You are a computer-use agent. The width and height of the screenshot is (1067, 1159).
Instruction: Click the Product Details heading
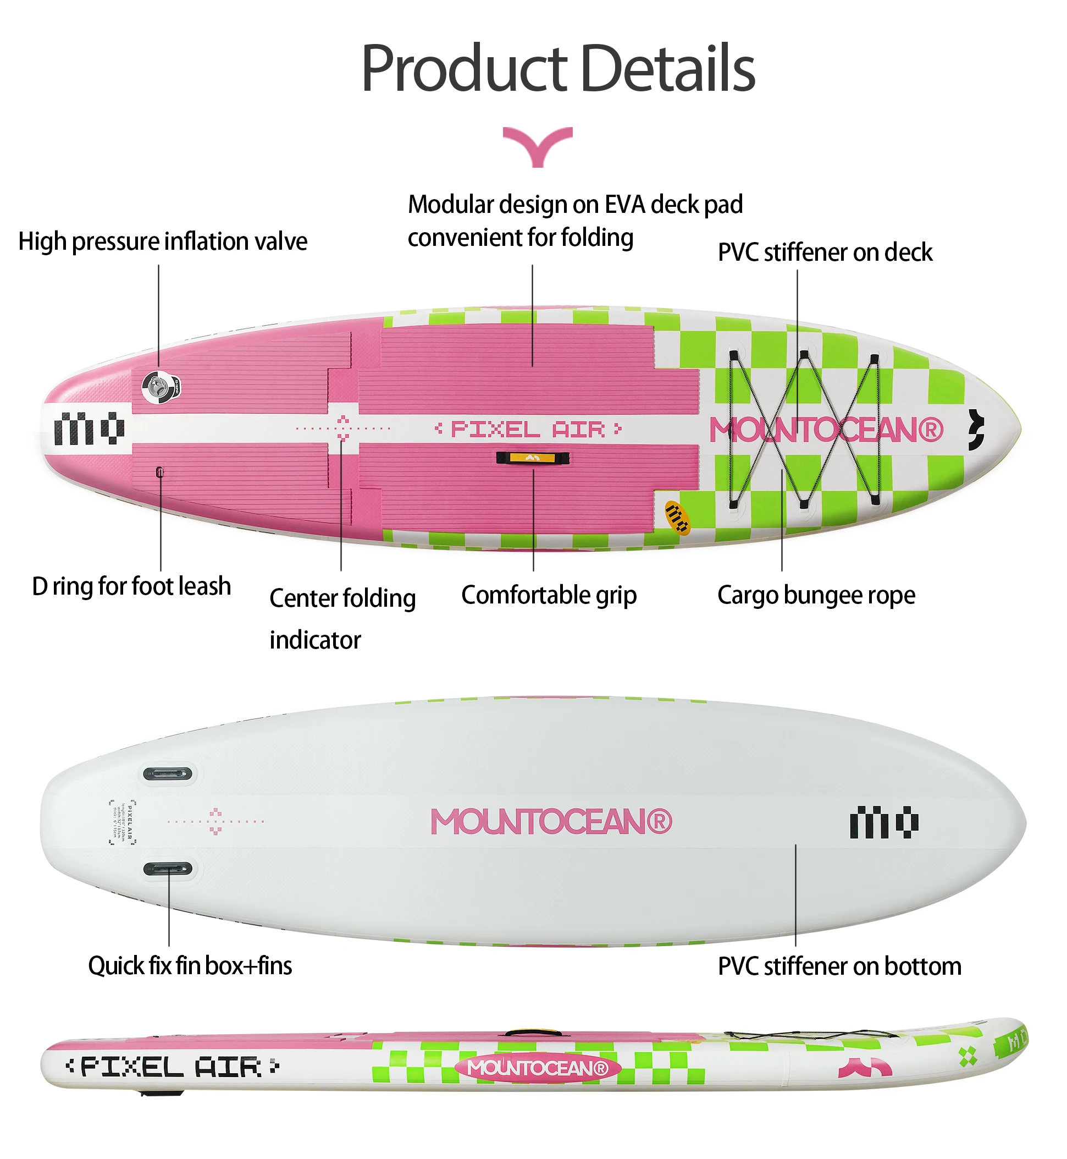(558, 68)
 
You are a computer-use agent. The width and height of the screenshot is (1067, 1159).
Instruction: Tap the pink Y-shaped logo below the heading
(538, 146)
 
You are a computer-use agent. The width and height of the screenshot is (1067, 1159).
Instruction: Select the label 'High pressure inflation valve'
(162, 241)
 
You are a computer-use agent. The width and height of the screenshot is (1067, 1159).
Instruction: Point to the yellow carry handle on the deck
(533, 458)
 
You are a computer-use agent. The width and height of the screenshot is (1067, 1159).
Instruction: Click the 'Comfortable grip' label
(549, 595)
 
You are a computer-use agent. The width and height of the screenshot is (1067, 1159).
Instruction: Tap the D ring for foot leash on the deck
(160, 472)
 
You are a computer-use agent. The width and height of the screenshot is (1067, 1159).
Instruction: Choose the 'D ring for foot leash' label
(131, 586)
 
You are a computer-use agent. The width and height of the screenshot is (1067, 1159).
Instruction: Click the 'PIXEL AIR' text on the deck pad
(528, 429)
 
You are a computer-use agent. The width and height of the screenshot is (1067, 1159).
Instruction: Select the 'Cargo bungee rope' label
(816, 595)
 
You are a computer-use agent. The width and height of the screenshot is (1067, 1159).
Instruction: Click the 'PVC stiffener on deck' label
(825, 252)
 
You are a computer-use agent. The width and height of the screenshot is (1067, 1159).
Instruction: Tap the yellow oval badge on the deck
(677, 517)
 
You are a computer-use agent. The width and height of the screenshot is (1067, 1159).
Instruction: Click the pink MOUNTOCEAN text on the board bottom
(551, 821)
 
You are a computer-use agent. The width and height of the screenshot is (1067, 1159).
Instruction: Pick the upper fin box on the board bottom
(168, 773)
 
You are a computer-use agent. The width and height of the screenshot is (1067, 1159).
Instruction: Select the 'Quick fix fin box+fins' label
(190, 965)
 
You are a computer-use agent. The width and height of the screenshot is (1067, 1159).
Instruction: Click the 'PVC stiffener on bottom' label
(839, 966)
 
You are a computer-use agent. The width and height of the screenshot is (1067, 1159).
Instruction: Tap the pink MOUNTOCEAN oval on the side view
(538, 1068)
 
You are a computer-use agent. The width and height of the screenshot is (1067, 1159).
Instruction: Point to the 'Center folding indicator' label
(342, 618)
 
